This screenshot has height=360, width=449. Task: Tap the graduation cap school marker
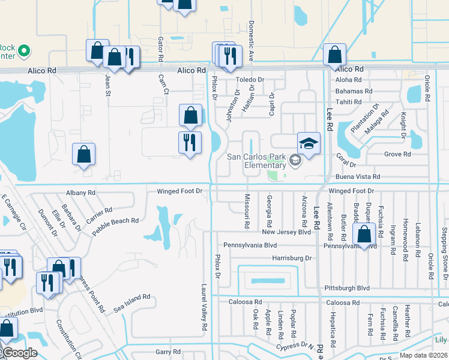click(x=309, y=144)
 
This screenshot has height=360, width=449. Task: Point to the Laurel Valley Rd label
click(x=204, y=308)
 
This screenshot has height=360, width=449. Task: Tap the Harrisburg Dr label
click(x=293, y=258)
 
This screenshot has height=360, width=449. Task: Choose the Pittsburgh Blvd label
click(x=347, y=288)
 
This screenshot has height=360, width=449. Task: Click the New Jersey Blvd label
click(x=286, y=232)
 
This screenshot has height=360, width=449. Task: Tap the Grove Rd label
click(x=397, y=154)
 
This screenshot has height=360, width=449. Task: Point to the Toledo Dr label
click(x=250, y=80)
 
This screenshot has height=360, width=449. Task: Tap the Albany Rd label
click(x=80, y=193)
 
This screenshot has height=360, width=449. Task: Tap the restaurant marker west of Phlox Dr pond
click(x=190, y=143)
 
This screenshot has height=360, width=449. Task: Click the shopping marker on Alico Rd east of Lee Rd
click(x=334, y=56)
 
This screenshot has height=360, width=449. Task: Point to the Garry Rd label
click(x=167, y=352)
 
